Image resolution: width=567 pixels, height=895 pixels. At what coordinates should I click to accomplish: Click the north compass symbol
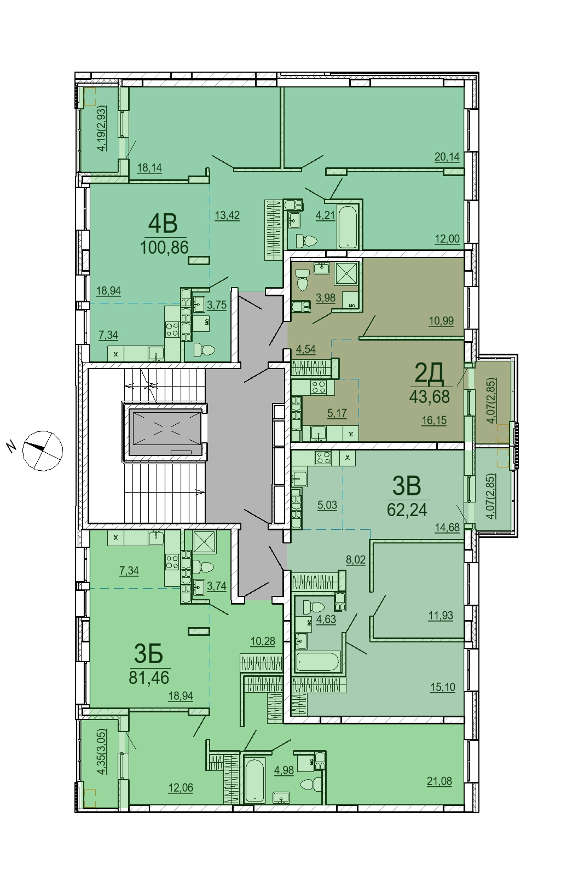click(x=42, y=451)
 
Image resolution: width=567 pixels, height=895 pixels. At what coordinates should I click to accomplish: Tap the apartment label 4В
click(x=163, y=224)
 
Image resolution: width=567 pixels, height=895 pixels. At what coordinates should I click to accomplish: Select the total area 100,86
click(x=164, y=248)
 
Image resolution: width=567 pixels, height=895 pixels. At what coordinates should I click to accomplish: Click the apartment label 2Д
click(x=430, y=375)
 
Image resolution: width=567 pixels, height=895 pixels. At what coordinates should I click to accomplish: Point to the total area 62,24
click(x=407, y=510)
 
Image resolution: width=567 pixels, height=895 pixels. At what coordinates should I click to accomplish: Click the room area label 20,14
click(x=447, y=157)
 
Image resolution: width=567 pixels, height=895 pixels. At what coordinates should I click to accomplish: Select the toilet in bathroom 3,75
click(x=204, y=350)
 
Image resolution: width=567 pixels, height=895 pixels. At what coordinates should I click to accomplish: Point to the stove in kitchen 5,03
click(x=323, y=458)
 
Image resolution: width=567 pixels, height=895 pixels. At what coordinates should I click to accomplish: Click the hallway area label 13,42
click(x=227, y=216)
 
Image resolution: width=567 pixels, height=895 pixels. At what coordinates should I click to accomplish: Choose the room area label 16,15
click(x=434, y=420)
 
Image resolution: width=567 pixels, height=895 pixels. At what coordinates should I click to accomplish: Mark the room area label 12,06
click(x=181, y=787)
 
